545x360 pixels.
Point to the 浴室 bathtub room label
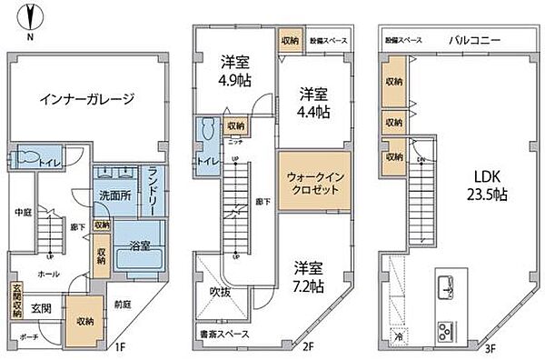coord(141,245)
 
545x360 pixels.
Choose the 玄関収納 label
coord(16,301)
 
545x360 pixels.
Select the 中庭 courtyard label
coord(24,215)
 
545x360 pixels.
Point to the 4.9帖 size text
coord(235,78)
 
